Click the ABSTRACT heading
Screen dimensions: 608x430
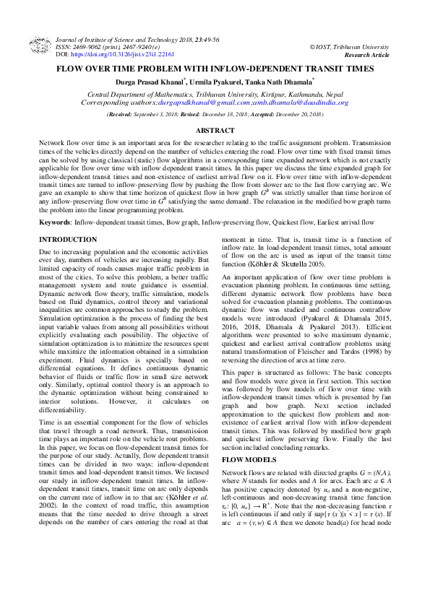point(215,130)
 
